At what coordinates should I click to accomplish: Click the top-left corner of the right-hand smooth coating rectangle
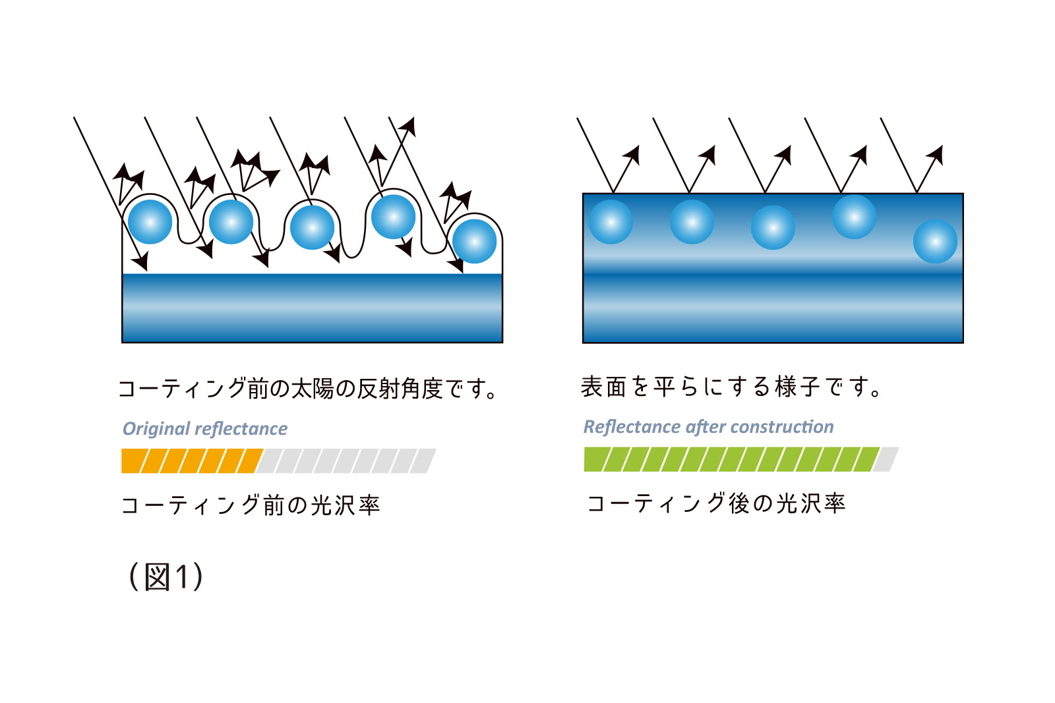583,194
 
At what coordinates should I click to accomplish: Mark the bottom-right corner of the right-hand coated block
963,343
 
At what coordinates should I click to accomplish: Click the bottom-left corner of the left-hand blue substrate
123,342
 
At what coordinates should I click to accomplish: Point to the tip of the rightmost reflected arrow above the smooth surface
942,146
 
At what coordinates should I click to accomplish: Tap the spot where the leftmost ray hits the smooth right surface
613,193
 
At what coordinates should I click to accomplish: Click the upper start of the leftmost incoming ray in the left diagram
74,117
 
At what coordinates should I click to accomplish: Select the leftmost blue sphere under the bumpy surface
150,221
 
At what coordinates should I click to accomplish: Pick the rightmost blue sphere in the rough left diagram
474,241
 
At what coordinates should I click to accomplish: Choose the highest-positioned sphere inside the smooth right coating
854,217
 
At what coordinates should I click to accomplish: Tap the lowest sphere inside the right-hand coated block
935,241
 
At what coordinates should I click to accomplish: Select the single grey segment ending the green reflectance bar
886,459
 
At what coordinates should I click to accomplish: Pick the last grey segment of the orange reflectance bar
423,461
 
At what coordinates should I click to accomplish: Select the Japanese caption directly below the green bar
716,503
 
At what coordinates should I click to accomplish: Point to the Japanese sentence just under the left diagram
307,389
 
